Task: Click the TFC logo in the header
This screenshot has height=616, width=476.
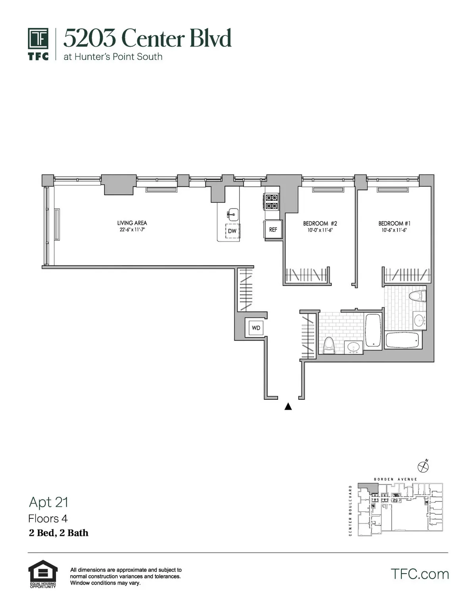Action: (38, 44)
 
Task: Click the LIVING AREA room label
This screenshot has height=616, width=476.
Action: (132, 223)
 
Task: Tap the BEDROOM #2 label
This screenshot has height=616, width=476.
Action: (320, 223)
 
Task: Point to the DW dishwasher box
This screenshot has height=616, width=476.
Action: (232, 231)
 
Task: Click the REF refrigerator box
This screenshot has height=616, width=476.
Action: (273, 230)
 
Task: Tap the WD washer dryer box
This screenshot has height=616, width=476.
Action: (256, 328)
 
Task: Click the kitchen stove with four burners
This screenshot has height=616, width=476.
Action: (272, 201)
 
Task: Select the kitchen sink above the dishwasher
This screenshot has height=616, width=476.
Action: (232, 214)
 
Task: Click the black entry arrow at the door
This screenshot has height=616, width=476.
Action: (288, 407)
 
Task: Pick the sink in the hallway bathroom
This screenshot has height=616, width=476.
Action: (353, 347)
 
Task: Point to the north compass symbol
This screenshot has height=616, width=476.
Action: (424, 466)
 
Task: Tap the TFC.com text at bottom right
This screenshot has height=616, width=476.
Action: (420, 574)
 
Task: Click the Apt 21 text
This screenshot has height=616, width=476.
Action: (48, 502)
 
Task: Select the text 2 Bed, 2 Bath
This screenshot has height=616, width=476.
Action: (59, 533)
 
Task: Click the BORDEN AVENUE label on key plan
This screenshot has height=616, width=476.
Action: (395, 479)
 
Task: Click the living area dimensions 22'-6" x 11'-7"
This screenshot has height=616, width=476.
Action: (132, 230)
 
